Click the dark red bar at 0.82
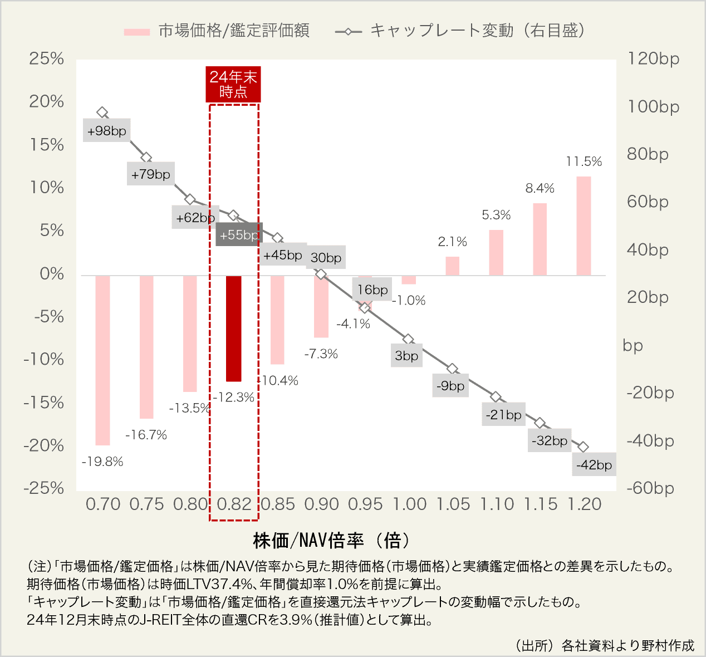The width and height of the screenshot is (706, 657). pyautogui.click(x=234, y=329)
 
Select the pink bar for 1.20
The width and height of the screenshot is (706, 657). pyautogui.click(x=584, y=225)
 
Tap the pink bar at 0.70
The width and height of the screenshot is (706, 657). pyautogui.click(x=102, y=360)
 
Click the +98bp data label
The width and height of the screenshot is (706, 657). pyautogui.click(x=107, y=131)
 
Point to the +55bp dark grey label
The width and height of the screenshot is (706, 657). pyautogui.click(x=239, y=235)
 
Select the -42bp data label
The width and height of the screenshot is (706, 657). pyautogui.click(x=594, y=465)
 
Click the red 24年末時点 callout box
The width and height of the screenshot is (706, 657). pyautogui.click(x=233, y=84)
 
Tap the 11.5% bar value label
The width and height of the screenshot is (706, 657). pyautogui.click(x=584, y=161)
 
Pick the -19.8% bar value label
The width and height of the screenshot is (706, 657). pyautogui.click(x=102, y=462)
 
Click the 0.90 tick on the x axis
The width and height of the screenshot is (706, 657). pyautogui.click(x=322, y=504)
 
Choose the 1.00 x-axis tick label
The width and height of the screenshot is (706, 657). pyautogui.click(x=410, y=504)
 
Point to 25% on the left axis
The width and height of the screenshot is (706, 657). pyautogui.click(x=47, y=58)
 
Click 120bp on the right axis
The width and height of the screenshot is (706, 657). pyautogui.click(x=654, y=58)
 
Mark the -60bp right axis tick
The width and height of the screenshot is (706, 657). pyautogui.click(x=650, y=488)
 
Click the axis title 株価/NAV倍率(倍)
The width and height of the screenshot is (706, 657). pyautogui.click(x=332, y=540)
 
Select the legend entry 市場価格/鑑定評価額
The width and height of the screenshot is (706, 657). pyautogui.click(x=217, y=31)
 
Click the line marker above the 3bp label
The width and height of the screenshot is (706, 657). pyautogui.click(x=408, y=339)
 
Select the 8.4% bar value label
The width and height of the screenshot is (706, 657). pyautogui.click(x=540, y=188)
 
